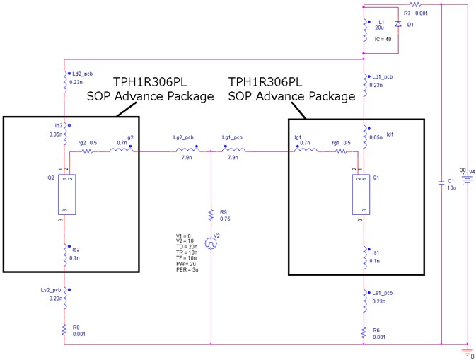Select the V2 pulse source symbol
[x=211, y=243]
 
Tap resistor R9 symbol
[x=211, y=214]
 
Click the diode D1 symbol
[x=398, y=25]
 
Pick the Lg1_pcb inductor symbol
[x=236, y=150]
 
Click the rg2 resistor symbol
[x=88, y=150]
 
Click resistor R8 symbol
[x=65, y=330]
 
